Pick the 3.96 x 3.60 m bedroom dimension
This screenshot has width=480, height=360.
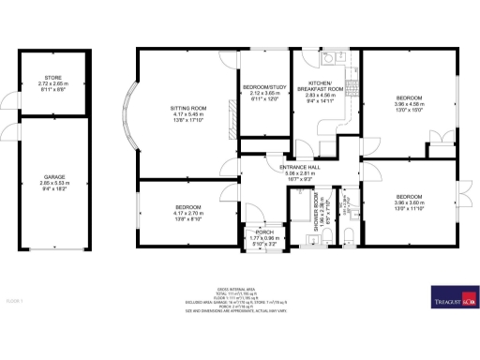coord(409,202)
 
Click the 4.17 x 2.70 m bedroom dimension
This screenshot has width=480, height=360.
coord(184,214)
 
